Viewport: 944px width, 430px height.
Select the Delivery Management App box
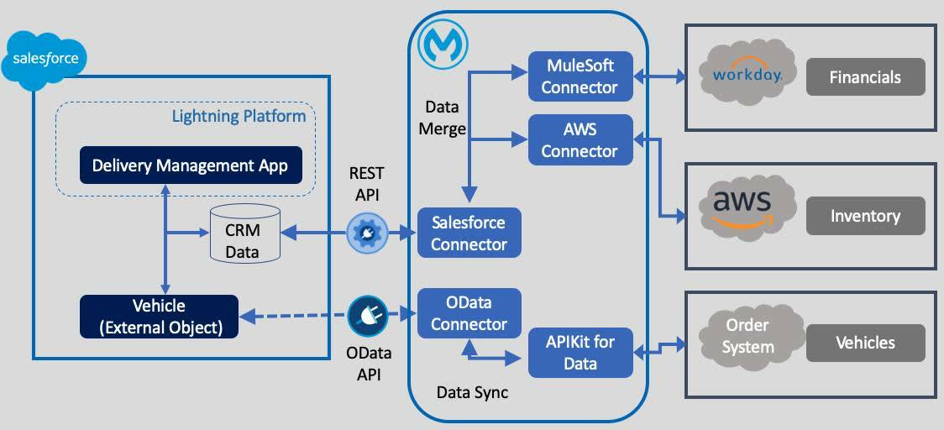coord(190,165)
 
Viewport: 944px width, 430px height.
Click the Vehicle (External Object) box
coord(159,317)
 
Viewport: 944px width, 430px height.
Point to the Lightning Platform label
coord(239,116)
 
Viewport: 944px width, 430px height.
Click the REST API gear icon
coord(367,233)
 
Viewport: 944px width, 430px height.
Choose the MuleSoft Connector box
coord(580,76)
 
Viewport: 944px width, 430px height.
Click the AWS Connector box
coord(580,139)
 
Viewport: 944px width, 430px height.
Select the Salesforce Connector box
coord(469,233)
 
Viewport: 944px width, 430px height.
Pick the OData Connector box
coord(469,313)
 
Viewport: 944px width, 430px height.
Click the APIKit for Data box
coord(580,353)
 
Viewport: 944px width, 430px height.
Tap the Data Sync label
coord(472,392)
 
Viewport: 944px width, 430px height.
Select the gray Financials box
coord(865,77)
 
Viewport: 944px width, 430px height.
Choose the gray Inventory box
coord(865,216)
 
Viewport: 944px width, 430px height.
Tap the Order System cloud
coord(747,336)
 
